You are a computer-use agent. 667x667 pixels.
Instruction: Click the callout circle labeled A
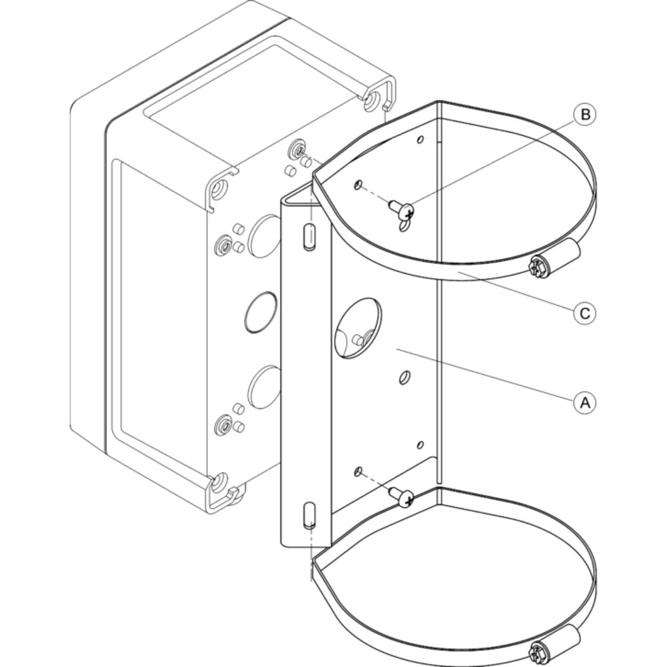[x=585, y=402]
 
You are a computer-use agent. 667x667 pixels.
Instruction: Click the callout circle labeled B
[x=585, y=115]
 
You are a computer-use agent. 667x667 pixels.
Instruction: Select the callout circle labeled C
[x=585, y=313]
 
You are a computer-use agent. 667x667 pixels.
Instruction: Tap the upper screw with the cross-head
[x=401, y=209]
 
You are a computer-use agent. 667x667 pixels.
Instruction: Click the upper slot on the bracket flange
[x=310, y=235]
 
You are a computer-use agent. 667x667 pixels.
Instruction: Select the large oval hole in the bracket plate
[x=358, y=328]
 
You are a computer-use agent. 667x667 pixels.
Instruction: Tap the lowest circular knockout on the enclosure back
[x=263, y=387]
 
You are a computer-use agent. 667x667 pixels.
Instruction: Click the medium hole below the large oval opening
[x=405, y=378]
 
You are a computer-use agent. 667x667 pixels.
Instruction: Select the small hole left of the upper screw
[x=358, y=185]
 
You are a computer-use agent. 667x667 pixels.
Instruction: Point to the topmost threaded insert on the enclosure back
[x=296, y=149]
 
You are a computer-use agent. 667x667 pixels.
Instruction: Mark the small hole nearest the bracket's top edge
[x=420, y=139]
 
